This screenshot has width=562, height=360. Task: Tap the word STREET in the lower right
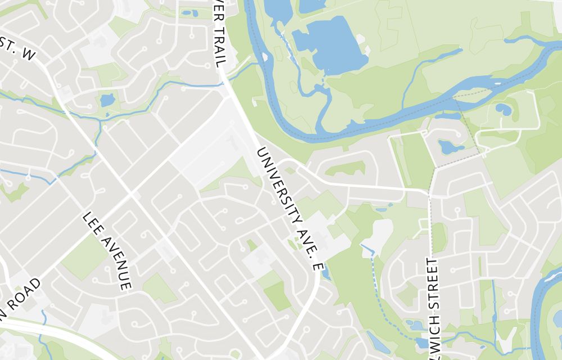(x=432, y=283)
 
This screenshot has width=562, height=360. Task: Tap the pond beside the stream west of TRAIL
(x=107, y=101)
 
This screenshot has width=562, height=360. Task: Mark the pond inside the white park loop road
(x=504, y=109)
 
